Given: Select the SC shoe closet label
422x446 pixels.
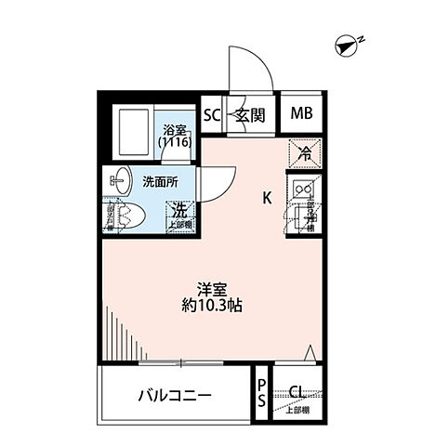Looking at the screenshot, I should (x=211, y=115).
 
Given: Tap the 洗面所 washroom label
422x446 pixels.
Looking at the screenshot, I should (x=160, y=182).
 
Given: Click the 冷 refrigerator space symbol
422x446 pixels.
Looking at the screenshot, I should (x=303, y=152).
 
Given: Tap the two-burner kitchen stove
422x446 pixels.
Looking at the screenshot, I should (x=303, y=190).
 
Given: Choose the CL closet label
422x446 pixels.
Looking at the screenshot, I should (x=297, y=391).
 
